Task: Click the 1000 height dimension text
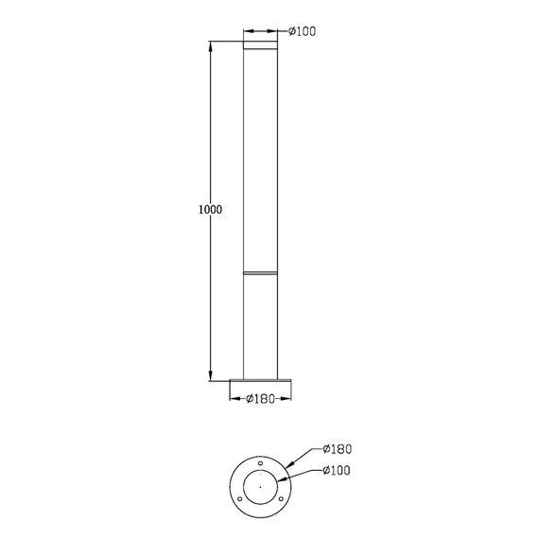211,209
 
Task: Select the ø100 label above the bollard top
300,31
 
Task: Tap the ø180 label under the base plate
259,399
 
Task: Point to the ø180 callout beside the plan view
338,449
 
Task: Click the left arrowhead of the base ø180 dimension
234,398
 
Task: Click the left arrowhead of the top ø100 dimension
247,31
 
